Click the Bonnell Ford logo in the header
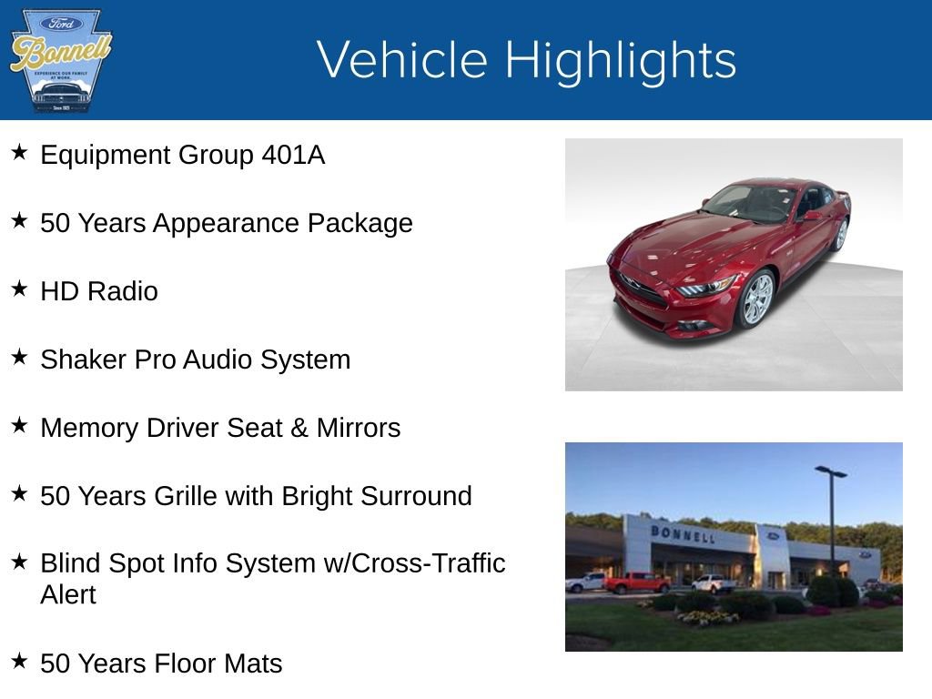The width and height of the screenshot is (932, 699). click(x=60, y=60)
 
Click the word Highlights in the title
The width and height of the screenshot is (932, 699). click(x=620, y=61)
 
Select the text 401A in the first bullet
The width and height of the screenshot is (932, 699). click(x=293, y=155)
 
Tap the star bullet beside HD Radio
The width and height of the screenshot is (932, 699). click(x=19, y=289)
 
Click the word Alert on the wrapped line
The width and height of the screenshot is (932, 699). click(x=68, y=594)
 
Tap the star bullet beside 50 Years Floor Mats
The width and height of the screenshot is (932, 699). click(x=19, y=661)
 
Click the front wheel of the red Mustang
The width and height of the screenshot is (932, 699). click(x=757, y=299)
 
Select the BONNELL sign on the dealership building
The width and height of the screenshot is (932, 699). click(x=683, y=533)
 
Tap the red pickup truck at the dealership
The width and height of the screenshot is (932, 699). click(x=636, y=582)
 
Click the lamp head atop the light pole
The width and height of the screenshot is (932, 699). click(x=830, y=471)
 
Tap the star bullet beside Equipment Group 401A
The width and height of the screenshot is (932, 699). click(x=19, y=152)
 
